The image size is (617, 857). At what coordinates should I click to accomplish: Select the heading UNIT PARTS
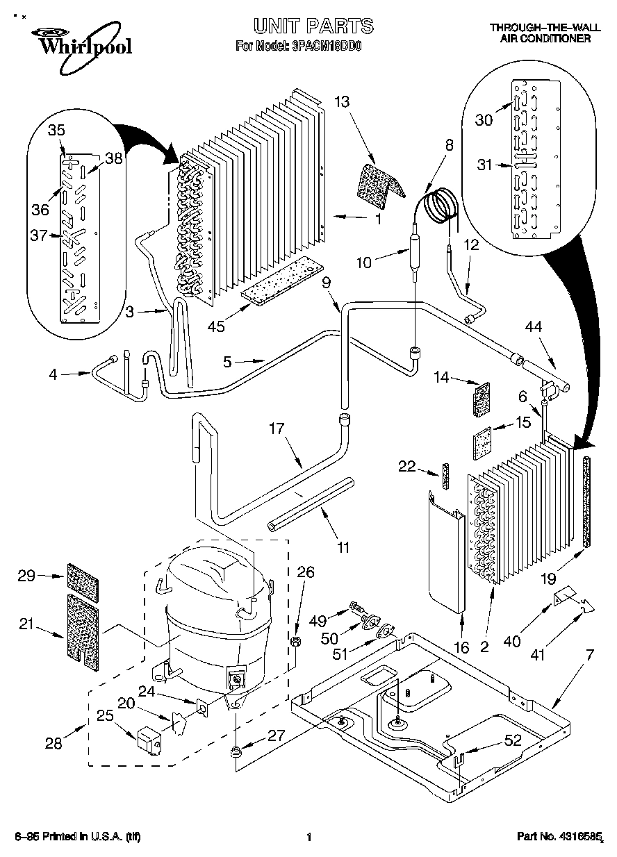[313, 26]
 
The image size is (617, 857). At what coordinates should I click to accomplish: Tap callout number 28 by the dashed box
[54, 744]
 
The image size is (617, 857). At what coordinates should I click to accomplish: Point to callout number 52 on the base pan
[513, 741]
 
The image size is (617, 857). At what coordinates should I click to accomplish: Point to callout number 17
[277, 428]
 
